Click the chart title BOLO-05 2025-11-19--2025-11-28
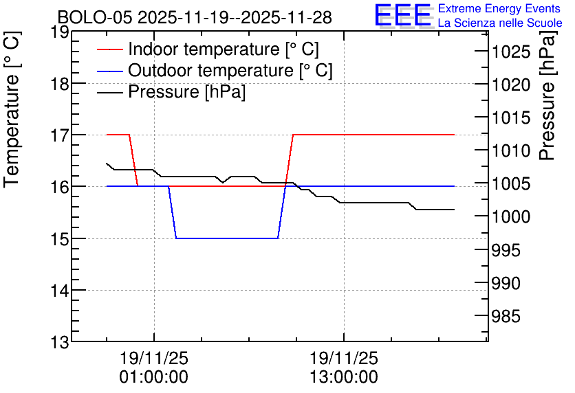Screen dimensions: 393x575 point(195,17)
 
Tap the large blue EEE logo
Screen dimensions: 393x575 point(402,15)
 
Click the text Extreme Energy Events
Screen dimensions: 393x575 point(500,9)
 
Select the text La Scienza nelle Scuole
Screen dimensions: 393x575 point(500,23)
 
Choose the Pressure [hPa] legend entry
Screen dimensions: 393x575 point(186,92)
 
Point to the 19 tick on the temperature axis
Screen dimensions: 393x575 point(59,32)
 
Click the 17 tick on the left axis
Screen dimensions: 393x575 point(59,135)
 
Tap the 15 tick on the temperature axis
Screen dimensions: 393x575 point(59,238)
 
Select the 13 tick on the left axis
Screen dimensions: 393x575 point(59,341)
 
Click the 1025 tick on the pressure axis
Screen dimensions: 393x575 point(511,52)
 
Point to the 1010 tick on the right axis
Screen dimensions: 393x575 point(511,150)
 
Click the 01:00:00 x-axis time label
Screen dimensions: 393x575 point(154,377)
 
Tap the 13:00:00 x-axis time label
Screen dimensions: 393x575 point(344,377)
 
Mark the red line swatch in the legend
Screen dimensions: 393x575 point(109,49)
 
